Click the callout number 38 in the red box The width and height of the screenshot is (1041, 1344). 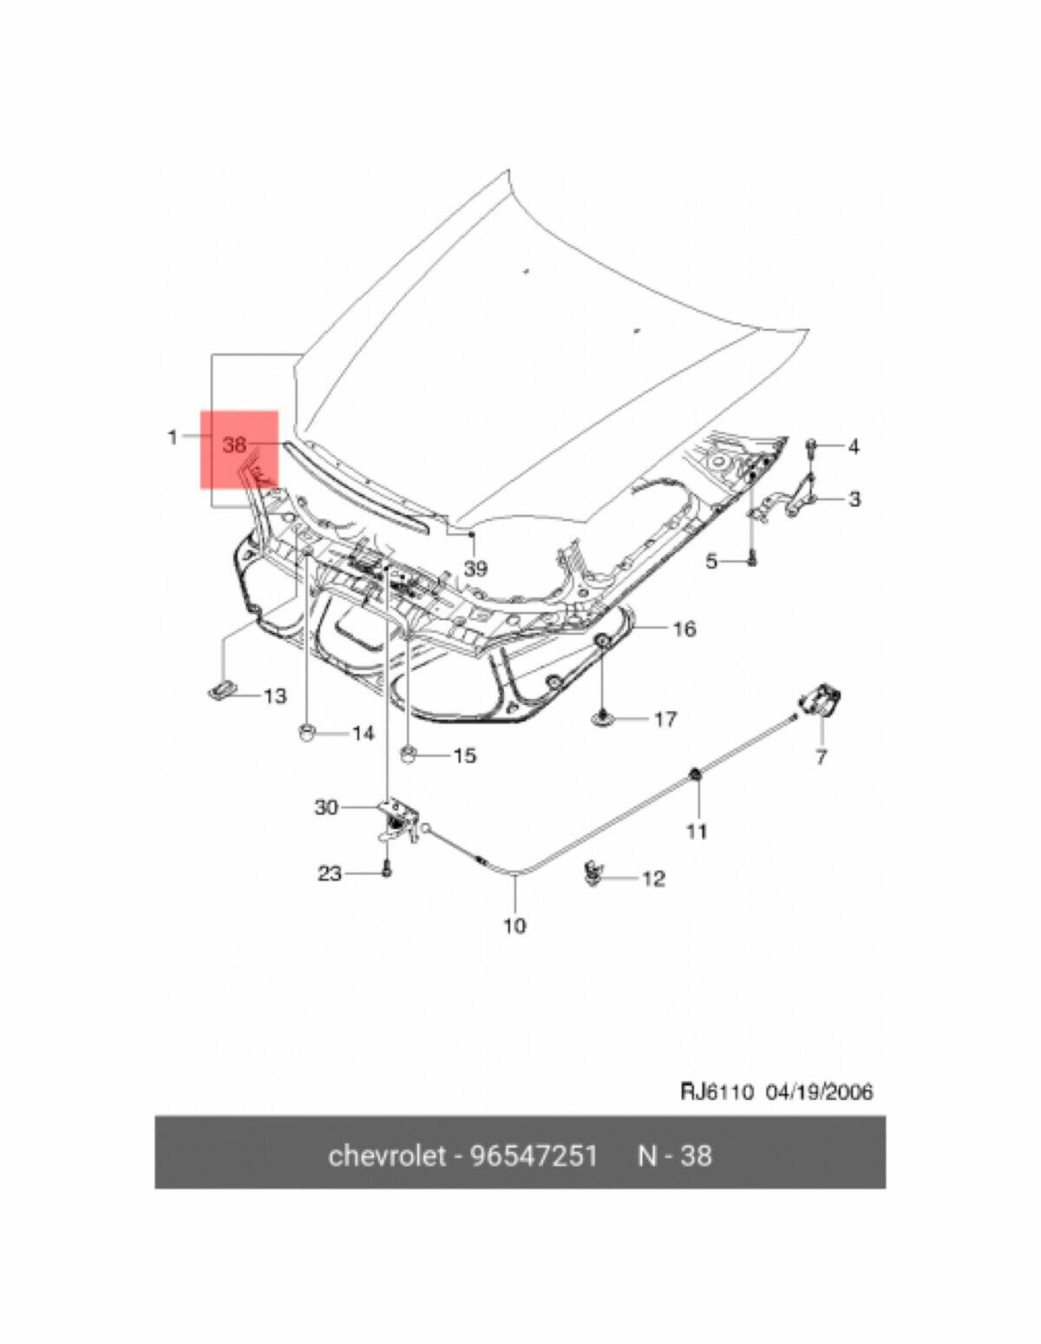click(x=234, y=445)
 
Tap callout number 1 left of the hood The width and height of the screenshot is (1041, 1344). click(x=172, y=437)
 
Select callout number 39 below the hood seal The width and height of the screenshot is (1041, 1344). click(x=475, y=570)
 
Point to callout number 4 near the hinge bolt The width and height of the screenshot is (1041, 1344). click(x=854, y=446)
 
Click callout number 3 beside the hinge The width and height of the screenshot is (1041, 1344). click(x=854, y=499)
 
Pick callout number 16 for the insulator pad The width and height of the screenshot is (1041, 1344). click(x=684, y=628)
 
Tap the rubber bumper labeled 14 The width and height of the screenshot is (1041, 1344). click(x=306, y=731)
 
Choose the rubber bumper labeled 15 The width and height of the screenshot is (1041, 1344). click(x=409, y=752)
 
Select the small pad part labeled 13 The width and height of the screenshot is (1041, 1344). click(x=222, y=689)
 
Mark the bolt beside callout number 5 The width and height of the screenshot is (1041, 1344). click(x=751, y=561)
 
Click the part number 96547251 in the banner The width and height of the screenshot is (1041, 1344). click(x=534, y=1156)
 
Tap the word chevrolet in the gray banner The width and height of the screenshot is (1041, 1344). click(x=386, y=1156)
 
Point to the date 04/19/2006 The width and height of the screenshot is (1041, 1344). click(x=819, y=1091)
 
